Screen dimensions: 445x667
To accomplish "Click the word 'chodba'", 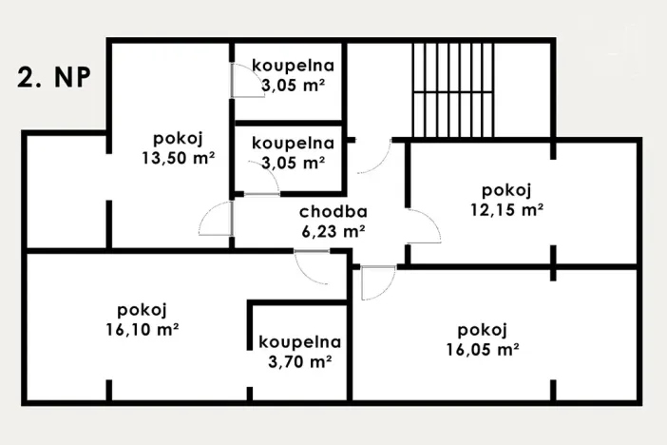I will point(333,212).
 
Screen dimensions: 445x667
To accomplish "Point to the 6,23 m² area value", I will point(333,230).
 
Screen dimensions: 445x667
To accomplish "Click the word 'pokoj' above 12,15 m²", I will point(505,188).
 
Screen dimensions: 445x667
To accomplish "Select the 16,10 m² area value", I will point(143,329).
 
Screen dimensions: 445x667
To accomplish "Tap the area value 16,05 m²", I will point(481,349).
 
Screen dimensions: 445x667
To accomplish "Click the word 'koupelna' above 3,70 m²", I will point(299,342).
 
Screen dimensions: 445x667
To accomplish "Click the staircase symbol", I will point(454,91).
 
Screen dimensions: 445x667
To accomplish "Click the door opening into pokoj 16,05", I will point(378,281).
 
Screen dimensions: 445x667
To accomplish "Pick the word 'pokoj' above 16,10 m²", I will point(143,310).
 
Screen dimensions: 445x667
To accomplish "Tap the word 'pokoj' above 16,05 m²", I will point(481,330).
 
